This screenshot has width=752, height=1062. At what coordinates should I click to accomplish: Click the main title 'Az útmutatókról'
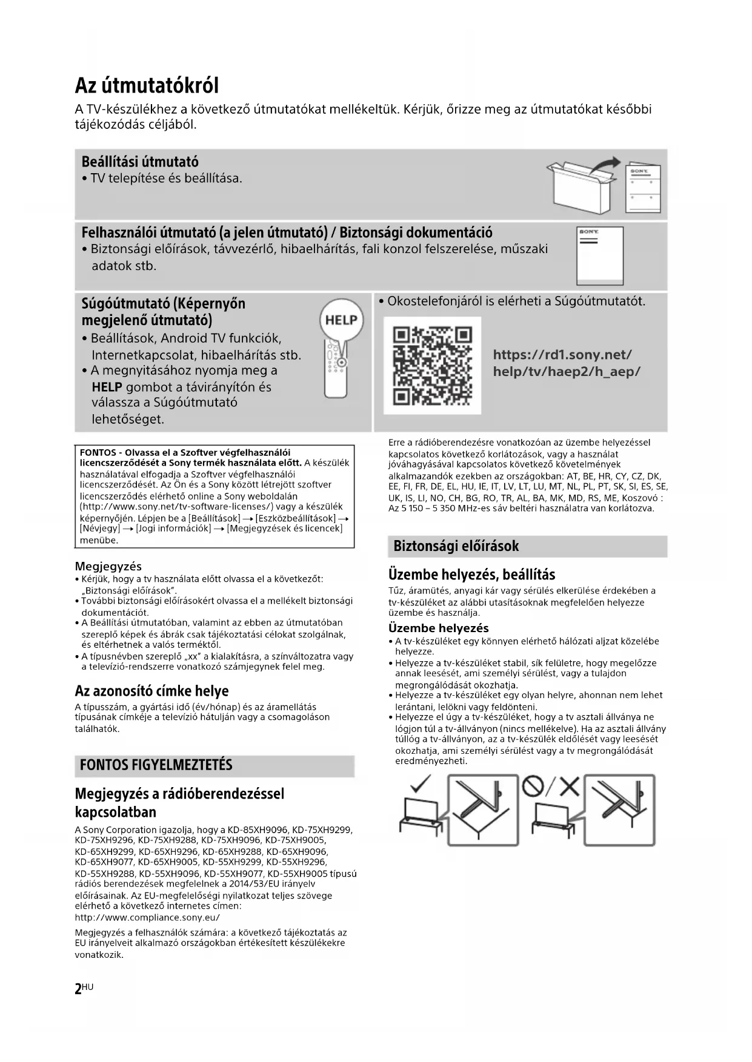(147, 85)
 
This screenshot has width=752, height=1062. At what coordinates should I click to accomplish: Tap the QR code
(432, 366)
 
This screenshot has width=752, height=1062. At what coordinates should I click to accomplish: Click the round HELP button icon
(341, 320)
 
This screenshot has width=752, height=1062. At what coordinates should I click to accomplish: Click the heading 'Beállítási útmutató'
(140, 162)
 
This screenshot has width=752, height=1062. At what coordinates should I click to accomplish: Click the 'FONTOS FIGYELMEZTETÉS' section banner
(156, 765)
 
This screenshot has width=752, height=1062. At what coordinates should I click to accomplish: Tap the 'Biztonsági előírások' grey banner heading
(456, 546)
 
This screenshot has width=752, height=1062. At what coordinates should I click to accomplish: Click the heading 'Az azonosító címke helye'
(151, 691)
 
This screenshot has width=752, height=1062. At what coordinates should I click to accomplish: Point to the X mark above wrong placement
(568, 786)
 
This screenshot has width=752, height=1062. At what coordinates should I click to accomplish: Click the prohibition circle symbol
(533, 786)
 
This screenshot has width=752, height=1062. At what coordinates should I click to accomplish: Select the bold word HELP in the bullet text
(107, 387)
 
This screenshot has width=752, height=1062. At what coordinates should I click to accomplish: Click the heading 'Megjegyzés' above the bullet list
(108, 566)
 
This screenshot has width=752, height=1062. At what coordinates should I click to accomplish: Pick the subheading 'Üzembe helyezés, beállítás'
(471, 574)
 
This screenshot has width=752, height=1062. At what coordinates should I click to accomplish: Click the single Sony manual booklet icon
(599, 256)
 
